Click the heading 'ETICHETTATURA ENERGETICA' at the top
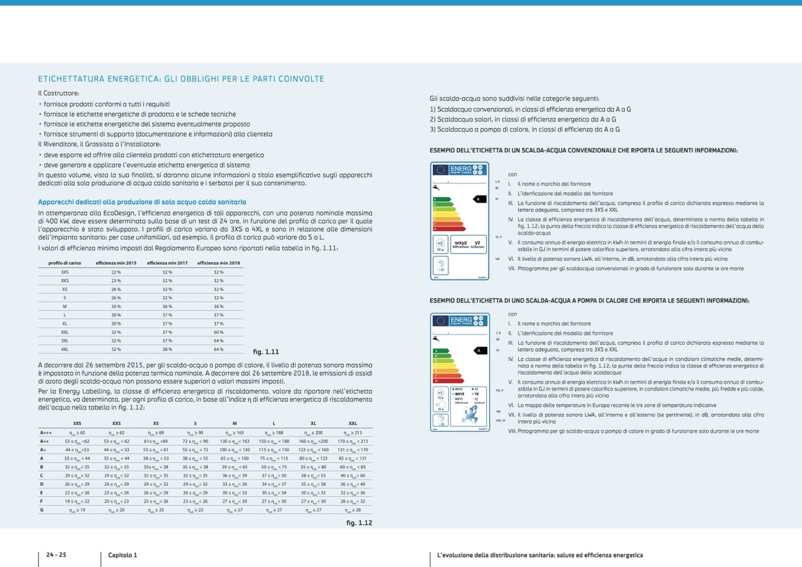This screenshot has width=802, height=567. point(181,79)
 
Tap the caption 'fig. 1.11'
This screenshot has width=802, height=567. point(266,352)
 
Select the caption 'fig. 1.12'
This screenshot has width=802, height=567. point(359,523)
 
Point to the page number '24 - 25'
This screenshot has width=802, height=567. point(56,555)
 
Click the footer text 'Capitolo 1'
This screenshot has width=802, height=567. point(122,555)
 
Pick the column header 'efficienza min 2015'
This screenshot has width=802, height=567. point(116,263)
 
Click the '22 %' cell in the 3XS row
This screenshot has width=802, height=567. point(116,272)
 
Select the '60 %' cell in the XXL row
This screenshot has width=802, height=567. point(218,332)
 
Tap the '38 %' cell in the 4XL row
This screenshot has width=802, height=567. point(167,349)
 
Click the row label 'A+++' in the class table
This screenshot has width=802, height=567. point(46,433)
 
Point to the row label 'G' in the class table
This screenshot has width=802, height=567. point(42,510)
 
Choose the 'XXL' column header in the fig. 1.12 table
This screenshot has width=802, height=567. point(353,423)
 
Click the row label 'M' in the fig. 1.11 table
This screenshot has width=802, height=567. point(64,306)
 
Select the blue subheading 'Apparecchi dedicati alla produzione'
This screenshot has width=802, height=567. point(142,202)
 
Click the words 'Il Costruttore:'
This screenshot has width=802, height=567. point(59,93)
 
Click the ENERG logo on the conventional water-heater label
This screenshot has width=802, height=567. point(461,170)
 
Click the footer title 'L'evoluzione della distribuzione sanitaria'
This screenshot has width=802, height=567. point(539,555)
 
